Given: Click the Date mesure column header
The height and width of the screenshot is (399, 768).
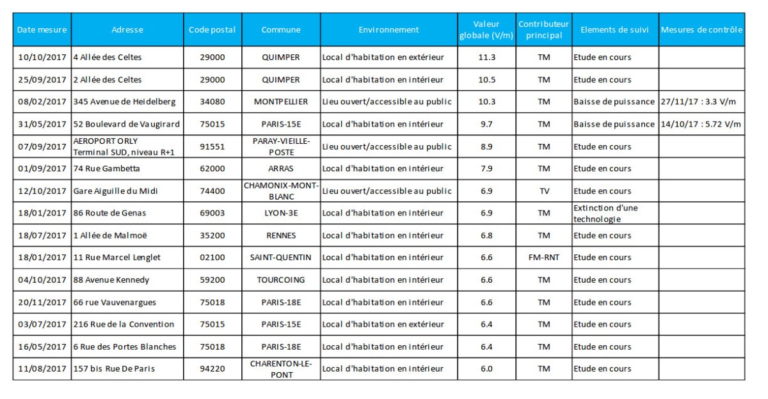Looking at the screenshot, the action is (x=42, y=30).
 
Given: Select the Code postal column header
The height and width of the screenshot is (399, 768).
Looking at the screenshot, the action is (x=212, y=30).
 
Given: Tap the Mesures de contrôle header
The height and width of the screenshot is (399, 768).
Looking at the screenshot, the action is (x=701, y=30).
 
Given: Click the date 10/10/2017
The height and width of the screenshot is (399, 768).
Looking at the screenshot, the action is (x=42, y=57).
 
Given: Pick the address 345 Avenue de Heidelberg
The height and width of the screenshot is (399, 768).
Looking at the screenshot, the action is (x=124, y=102).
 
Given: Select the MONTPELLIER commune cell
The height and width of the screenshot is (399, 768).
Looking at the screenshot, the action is (x=281, y=102).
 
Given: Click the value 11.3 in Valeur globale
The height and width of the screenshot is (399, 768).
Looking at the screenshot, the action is (x=487, y=57).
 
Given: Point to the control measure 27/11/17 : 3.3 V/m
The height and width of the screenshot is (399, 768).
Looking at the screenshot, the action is (x=698, y=102).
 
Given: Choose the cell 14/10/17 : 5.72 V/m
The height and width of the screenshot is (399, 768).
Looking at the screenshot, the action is (x=701, y=124).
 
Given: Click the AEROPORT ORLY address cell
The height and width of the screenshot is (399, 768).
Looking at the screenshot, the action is (x=124, y=146).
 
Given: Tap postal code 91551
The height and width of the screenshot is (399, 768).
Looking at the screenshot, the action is (x=212, y=146).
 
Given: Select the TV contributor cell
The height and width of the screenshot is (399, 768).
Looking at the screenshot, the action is (x=544, y=191).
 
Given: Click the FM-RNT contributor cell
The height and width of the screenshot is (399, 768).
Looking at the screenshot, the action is (x=544, y=258).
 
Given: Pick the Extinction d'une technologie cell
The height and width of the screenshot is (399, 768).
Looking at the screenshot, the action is (x=605, y=214).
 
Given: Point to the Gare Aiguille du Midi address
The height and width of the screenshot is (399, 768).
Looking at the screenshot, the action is (x=116, y=191).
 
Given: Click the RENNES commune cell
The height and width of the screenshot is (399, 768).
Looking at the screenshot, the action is (x=281, y=236).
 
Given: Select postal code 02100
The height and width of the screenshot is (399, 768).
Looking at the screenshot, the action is (x=212, y=258).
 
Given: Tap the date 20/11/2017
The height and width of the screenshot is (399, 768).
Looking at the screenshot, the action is (x=42, y=302).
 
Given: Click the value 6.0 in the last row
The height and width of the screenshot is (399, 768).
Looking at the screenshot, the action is (x=486, y=369).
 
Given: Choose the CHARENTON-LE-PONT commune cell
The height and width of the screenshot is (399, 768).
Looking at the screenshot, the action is (x=281, y=369).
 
